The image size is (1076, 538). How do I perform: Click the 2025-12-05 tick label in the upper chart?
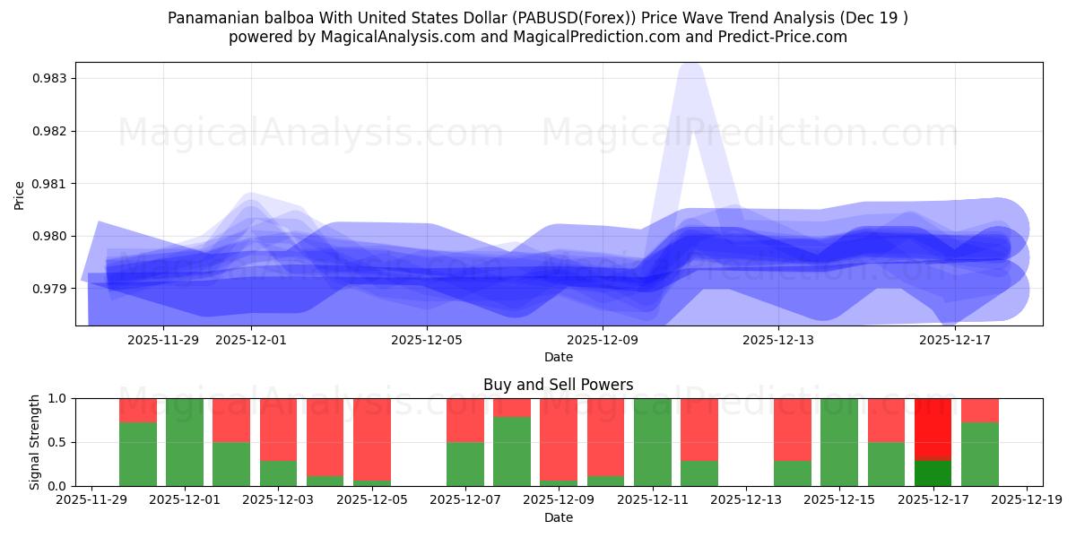click(427, 340)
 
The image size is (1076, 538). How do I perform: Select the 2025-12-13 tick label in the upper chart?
click(778, 340)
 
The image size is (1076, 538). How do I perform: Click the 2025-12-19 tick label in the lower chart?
click(1026, 499)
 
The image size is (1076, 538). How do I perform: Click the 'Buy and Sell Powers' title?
click(558, 385)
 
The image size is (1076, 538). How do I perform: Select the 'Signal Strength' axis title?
click(35, 441)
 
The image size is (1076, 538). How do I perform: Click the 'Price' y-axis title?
click(20, 195)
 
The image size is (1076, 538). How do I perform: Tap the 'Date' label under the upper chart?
click(558, 357)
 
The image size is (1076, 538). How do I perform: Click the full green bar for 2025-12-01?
click(185, 442)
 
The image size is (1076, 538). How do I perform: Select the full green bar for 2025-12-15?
click(839, 442)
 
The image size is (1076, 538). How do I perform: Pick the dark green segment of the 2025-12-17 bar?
click(933, 473)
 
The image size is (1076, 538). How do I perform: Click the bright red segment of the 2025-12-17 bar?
click(933, 429)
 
